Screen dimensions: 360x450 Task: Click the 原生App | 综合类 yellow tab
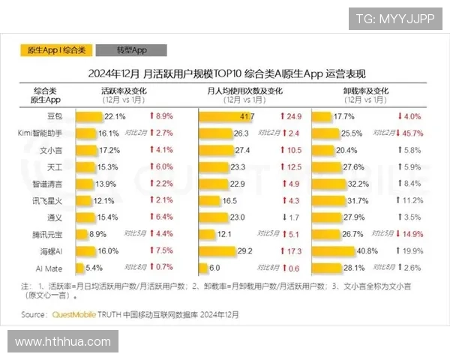[x=56, y=49]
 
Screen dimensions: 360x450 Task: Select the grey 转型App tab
[x=131, y=49]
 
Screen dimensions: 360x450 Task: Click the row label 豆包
[x=55, y=117]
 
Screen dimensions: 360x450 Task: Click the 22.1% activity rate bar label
[x=115, y=117]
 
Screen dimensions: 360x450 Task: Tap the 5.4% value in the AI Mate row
[x=94, y=268]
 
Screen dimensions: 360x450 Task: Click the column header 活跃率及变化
[x=124, y=89]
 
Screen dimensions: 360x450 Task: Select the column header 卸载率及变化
[x=367, y=89]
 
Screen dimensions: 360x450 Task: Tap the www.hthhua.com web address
[x=63, y=342]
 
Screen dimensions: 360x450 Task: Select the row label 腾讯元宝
[x=52, y=234]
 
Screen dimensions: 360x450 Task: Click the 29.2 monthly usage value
[x=244, y=251]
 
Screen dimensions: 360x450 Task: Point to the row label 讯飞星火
[x=52, y=201]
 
